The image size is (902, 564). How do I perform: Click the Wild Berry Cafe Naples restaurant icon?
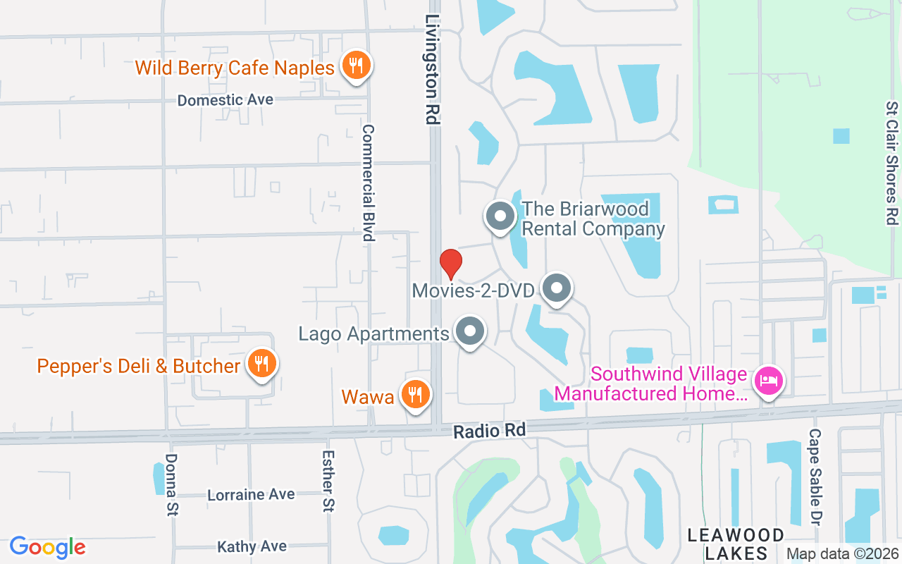[357, 66]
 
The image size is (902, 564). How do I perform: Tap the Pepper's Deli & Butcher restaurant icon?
[261, 364]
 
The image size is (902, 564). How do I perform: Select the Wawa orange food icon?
[416, 395]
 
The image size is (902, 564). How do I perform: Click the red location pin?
[451, 264]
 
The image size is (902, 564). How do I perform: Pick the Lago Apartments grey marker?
[470, 331]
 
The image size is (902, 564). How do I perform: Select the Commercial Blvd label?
[368, 183]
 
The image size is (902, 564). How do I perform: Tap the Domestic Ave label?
[225, 100]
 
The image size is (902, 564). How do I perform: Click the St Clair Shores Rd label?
[892, 162]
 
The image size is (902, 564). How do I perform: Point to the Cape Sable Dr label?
[815, 477]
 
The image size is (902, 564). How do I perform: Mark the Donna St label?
[171, 484]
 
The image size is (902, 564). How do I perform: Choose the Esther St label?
[328, 481]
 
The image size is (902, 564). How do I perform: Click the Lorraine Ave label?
[251, 494]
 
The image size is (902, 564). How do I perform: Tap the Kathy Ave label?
[252, 546]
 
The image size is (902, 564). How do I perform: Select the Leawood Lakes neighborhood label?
[736, 544]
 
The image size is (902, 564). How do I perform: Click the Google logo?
[48, 547]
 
